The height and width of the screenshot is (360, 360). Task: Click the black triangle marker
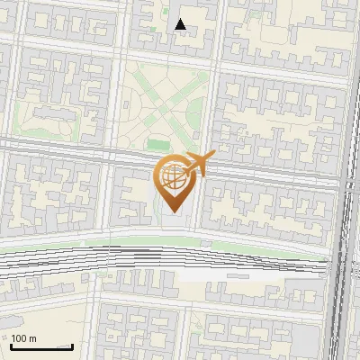(181, 24)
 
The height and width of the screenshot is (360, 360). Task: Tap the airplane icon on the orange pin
(199, 163)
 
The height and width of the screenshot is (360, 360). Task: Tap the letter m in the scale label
(32, 338)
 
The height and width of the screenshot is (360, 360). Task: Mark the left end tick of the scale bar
(10, 345)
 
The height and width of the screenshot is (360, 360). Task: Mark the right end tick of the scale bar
(73, 345)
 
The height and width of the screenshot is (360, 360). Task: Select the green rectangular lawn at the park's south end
(159, 144)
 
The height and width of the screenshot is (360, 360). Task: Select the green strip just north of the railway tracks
(135, 240)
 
